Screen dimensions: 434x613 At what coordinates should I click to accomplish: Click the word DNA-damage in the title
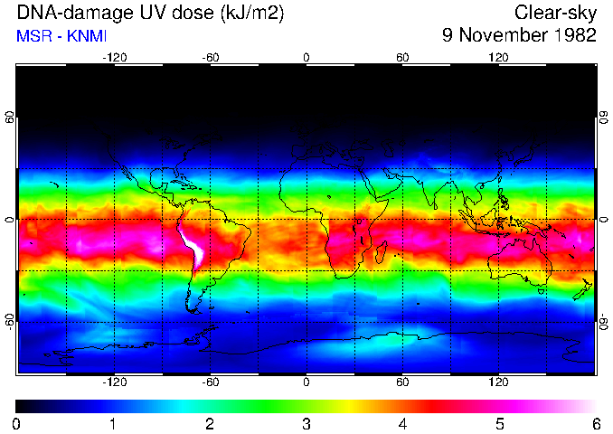64,13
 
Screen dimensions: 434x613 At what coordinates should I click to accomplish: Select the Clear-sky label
555,13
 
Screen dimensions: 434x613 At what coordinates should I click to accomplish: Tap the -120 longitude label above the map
114,57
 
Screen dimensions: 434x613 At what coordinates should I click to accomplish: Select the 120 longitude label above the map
498,57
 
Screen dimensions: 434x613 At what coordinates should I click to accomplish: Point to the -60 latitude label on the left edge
10,321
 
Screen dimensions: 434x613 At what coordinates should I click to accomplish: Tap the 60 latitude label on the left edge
10,118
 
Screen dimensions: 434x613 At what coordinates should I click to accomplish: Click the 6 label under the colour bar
595,423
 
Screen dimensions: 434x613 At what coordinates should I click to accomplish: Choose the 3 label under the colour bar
306,423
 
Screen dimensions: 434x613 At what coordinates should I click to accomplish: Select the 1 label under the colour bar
113,423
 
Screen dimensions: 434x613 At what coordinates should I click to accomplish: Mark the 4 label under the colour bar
402,423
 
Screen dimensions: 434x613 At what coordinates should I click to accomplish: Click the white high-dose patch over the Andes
192,249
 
